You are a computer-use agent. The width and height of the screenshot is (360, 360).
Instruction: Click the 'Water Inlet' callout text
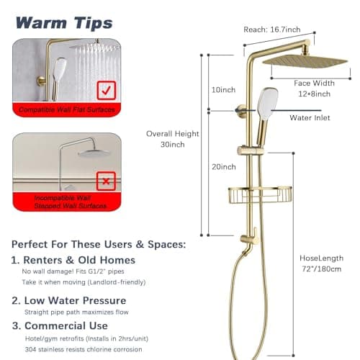(x=310, y=117)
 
